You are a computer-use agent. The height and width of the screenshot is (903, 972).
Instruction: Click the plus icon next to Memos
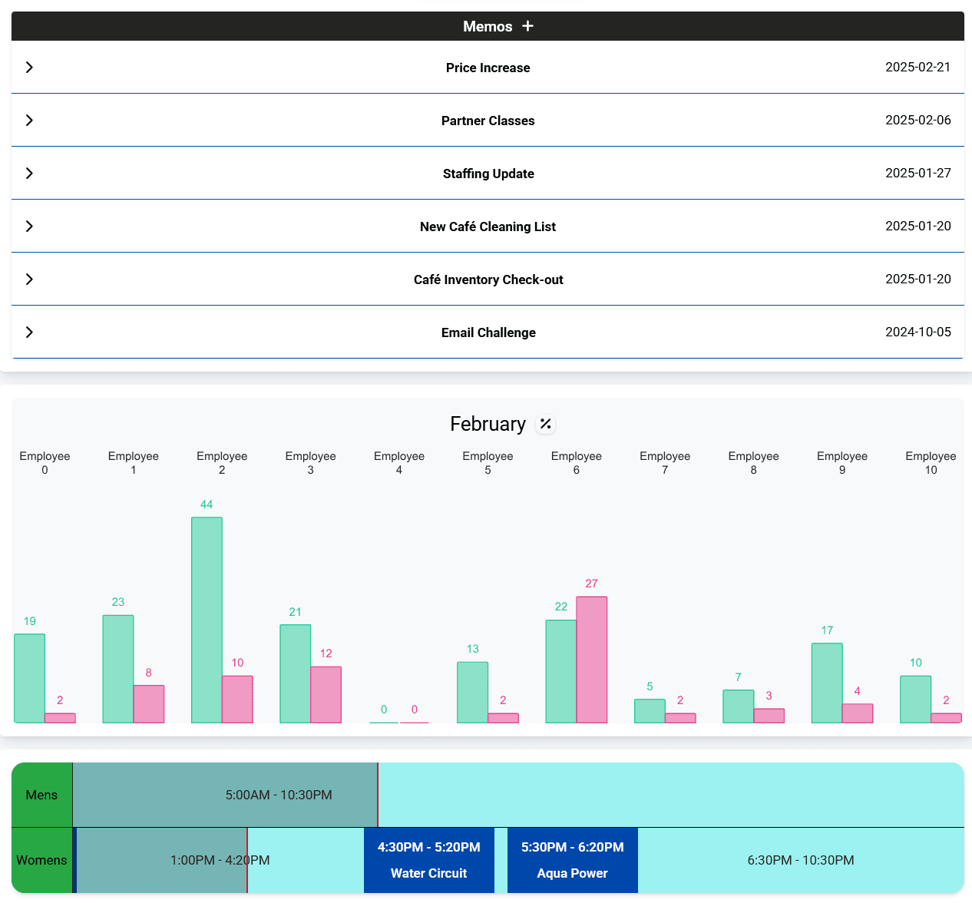click(527, 26)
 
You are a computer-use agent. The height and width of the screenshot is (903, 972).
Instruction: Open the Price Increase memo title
click(488, 68)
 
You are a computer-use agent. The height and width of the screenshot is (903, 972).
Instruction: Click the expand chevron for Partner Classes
click(29, 121)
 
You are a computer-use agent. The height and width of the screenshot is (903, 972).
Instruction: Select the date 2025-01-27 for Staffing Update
click(917, 173)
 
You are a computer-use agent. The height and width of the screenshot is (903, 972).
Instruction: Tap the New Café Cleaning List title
click(488, 227)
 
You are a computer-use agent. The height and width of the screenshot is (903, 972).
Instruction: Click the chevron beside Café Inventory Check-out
click(29, 279)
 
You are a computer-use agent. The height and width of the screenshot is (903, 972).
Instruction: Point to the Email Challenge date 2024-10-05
click(917, 332)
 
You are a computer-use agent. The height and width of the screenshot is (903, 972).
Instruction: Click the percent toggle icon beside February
click(545, 424)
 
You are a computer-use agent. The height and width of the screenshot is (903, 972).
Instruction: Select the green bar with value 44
click(207, 620)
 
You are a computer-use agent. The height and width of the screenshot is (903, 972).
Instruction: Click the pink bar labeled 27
click(591, 660)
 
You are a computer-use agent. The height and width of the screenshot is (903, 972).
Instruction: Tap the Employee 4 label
click(399, 462)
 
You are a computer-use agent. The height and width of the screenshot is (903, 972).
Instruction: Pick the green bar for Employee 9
click(827, 683)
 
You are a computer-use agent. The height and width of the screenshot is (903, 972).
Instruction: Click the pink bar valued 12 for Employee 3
click(326, 694)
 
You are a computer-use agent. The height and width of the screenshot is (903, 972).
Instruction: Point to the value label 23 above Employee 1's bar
click(118, 602)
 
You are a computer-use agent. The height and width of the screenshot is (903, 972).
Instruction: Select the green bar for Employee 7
click(650, 710)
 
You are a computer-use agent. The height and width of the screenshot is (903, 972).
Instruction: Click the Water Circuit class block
click(428, 860)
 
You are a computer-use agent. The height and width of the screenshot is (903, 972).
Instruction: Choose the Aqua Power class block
click(572, 860)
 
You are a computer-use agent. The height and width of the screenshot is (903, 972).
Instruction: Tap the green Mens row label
click(41, 795)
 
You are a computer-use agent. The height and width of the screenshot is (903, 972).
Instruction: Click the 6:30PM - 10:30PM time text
click(801, 860)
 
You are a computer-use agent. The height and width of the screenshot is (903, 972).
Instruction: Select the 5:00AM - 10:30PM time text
click(279, 795)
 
